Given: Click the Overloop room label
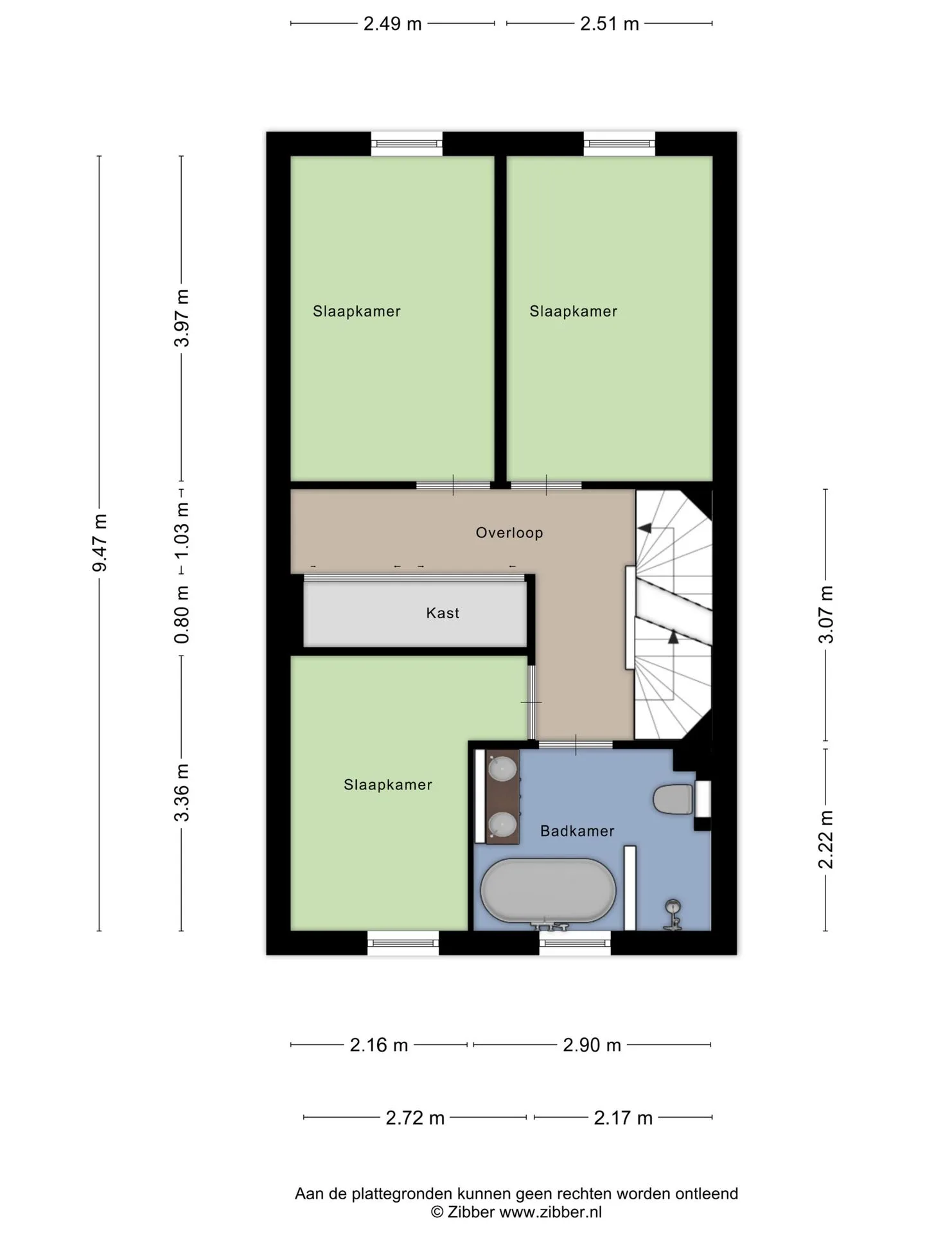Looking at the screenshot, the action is click(x=509, y=533).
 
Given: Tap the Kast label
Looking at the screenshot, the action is click(x=443, y=613).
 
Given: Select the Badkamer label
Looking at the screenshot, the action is click(x=577, y=831).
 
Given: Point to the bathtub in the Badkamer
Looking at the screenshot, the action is click(x=548, y=891).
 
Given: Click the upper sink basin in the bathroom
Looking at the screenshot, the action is click(x=503, y=768).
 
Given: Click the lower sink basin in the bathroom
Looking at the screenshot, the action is click(x=503, y=824).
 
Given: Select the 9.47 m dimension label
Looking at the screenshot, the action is click(x=100, y=543).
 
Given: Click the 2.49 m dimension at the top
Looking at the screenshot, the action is click(x=392, y=24).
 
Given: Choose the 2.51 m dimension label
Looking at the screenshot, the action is click(x=610, y=24).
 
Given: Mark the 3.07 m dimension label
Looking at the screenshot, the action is click(x=826, y=614).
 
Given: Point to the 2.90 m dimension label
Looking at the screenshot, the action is click(x=592, y=1045).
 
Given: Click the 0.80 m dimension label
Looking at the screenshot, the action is click(x=182, y=614).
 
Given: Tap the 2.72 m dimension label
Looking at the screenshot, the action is click(x=415, y=1118).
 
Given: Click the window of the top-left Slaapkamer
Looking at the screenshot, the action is click(x=407, y=143).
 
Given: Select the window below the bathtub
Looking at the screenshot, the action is click(x=575, y=943).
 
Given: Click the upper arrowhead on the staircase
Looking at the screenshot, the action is click(x=644, y=528).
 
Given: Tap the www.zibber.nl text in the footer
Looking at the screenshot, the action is click(x=551, y=1212).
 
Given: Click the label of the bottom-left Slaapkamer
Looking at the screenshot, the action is click(x=388, y=785).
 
